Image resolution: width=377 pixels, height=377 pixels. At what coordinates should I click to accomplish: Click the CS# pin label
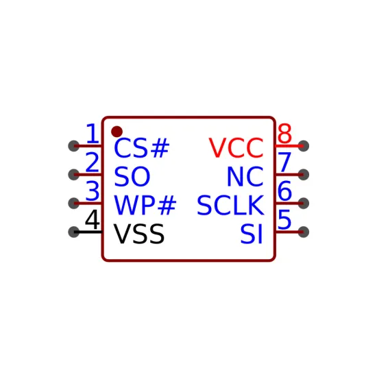tap(142, 148)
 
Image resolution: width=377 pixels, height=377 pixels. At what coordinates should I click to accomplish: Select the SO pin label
tap(132, 176)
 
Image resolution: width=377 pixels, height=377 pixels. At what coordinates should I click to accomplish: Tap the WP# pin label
tap(145, 205)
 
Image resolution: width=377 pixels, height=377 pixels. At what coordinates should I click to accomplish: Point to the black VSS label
tap(139, 234)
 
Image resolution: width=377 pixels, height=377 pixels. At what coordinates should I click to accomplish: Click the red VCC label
tap(236, 148)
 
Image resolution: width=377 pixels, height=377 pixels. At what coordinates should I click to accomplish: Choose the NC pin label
tap(245, 176)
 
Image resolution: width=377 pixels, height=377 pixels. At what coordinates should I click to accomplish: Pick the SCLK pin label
tap(230, 205)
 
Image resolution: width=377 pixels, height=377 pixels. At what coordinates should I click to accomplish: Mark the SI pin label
tap(252, 234)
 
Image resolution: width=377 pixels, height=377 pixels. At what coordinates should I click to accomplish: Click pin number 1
tap(93, 133)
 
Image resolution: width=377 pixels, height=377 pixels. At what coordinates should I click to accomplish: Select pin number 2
tap(93, 162)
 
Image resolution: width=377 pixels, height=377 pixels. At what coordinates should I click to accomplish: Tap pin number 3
tap(93, 191)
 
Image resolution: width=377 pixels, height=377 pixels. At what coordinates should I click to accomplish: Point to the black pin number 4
tap(93, 219)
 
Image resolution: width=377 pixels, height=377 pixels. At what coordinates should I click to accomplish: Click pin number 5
tap(284, 219)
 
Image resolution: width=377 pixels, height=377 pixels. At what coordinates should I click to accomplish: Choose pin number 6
tap(284, 191)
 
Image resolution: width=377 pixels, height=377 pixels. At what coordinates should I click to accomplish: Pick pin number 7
tap(284, 162)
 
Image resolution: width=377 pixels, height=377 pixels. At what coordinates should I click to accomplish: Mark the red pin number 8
tap(284, 133)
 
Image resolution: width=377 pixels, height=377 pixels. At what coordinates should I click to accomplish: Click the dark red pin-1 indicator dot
tap(117, 132)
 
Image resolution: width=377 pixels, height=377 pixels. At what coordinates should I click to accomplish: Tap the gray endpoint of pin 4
tap(74, 232)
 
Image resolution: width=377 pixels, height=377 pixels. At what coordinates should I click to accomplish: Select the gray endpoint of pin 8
tap(304, 146)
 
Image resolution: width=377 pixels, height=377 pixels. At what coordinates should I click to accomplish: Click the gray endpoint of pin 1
tap(74, 146)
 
